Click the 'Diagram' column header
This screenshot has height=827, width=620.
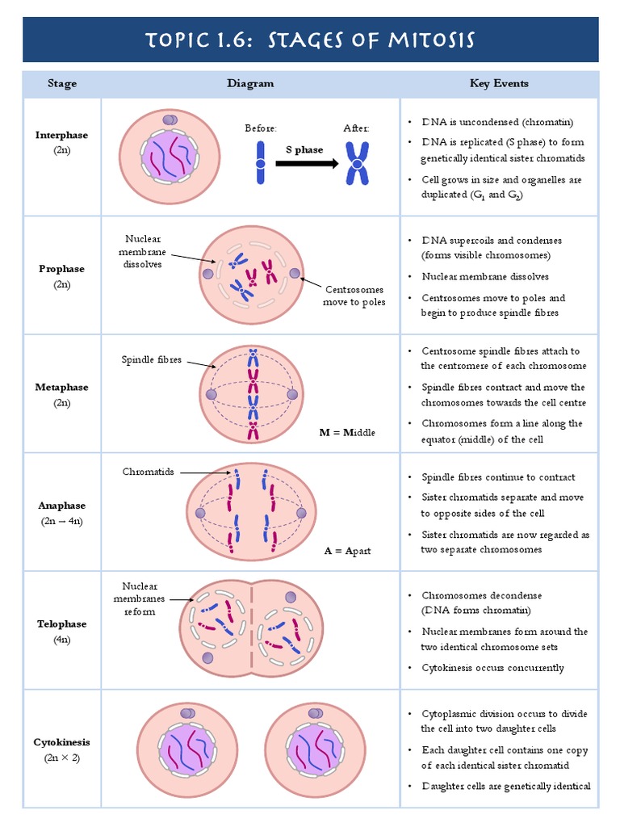point(249,83)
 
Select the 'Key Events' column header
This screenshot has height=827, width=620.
point(499,83)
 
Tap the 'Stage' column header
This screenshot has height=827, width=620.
point(62,83)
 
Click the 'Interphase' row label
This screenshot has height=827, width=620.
point(62,135)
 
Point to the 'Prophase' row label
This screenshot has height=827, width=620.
point(62,269)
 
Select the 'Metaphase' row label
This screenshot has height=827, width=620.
point(62,387)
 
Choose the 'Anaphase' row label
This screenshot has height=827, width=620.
point(62,506)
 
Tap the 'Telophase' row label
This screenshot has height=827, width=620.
point(62,623)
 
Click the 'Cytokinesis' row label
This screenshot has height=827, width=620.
point(62,741)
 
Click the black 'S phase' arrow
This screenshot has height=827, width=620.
point(306,163)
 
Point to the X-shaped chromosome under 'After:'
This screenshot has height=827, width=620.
point(356,163)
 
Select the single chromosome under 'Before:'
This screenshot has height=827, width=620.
point(261,163)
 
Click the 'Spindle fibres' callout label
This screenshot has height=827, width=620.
point(152,360)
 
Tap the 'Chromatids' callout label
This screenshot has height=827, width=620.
point(149,472)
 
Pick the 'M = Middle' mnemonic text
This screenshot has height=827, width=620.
point(347,433)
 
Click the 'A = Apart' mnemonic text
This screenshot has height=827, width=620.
point(348,551)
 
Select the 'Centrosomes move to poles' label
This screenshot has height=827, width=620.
point(354,296)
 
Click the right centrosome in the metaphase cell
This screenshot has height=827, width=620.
point(293,395)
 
